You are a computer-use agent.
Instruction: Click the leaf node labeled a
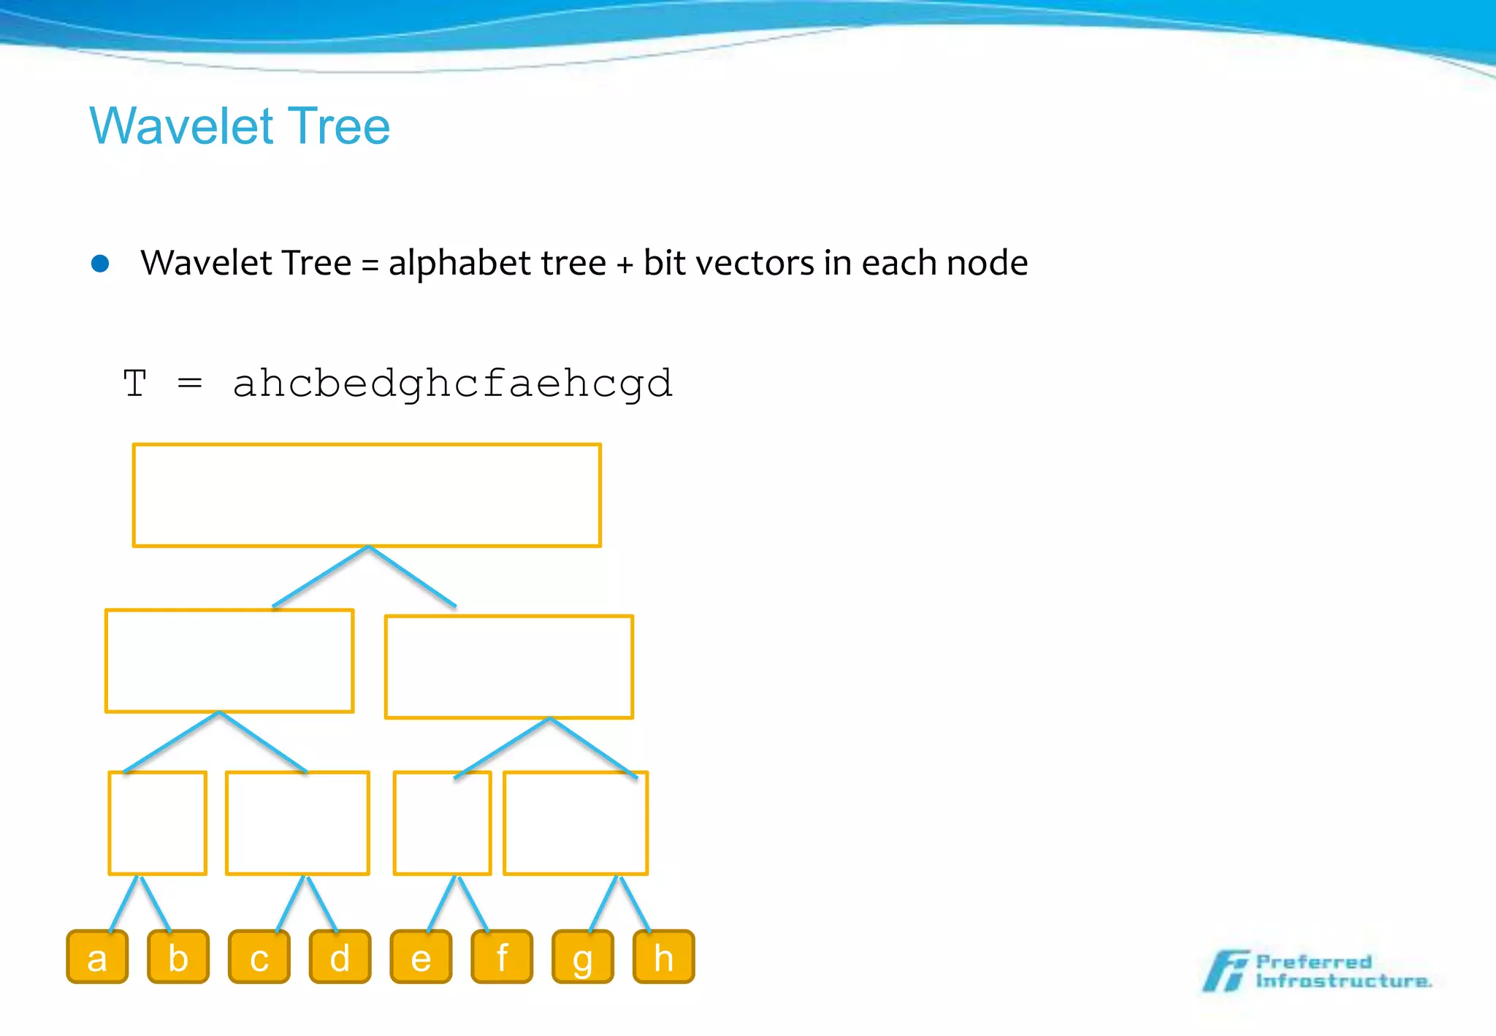click(97, 956)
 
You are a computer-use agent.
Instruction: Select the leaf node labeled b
click(178, 956)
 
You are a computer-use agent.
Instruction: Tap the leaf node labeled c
click(259, 956)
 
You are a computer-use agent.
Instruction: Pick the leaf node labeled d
click(340, 956)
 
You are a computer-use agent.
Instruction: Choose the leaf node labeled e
click(421, 956)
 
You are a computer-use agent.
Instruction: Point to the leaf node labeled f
click(502, 956)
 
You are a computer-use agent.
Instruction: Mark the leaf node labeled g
click(582, 956)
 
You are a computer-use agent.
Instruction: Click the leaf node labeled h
click(663, 956)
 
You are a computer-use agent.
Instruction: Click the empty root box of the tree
click(367, 495)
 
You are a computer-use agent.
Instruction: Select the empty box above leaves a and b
click(157, 823)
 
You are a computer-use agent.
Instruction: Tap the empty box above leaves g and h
click(576, 823)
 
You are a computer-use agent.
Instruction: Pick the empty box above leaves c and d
click(297, 823)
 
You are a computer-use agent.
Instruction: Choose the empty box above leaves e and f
click(442, 823)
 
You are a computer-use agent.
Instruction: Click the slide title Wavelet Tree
click(240, 126)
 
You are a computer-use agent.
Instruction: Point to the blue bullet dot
click(100, 263)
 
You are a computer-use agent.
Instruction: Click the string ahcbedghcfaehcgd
click(452, 384)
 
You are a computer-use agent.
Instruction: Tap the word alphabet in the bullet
click(497, 263)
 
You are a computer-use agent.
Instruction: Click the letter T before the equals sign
click(135, 384)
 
